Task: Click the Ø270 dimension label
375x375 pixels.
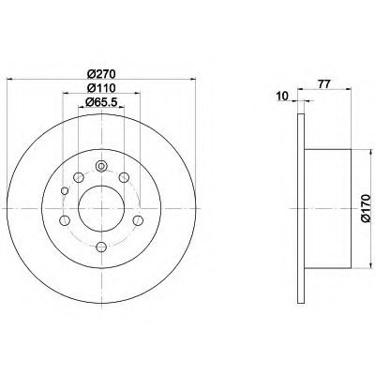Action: coord(101,74)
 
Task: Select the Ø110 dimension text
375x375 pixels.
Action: coord(101,88)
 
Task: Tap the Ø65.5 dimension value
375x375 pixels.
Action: coord(101,101)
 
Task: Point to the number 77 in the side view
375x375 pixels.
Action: coord(324,83)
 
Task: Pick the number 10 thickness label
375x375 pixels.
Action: coord(282,97)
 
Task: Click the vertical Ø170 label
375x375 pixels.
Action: coord(366,208)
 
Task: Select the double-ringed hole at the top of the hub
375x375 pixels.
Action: coord(101,166)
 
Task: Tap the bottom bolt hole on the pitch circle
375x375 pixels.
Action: coord(101,247)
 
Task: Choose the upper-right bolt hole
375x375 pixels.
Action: coord(124,177)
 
